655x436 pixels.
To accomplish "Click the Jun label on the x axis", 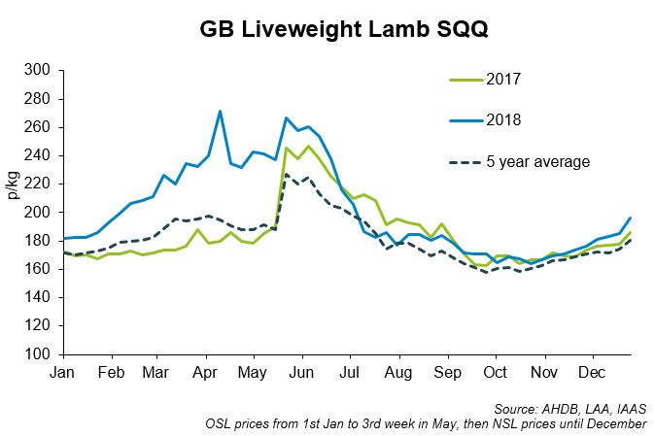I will tap(300, 374).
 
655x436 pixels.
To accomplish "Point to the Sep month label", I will tap(446, 374).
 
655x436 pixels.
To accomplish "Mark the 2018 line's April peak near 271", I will tap(220, 111).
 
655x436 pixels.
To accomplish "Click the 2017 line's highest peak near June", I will tap(308, 147).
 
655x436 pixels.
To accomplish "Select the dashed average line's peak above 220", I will tap(286, 175).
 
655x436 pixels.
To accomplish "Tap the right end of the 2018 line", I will tap(629, 218).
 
